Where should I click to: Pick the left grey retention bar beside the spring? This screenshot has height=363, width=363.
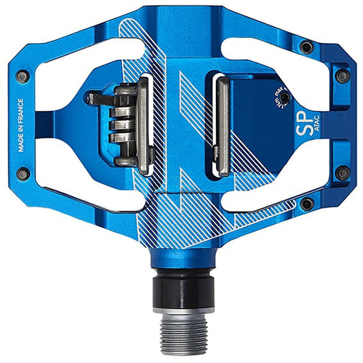point(144,126)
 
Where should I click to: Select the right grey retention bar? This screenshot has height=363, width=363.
point(221,126)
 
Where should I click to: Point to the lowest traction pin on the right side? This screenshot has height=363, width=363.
point(307,204)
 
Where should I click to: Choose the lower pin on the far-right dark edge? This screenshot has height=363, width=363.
point(343,174)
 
